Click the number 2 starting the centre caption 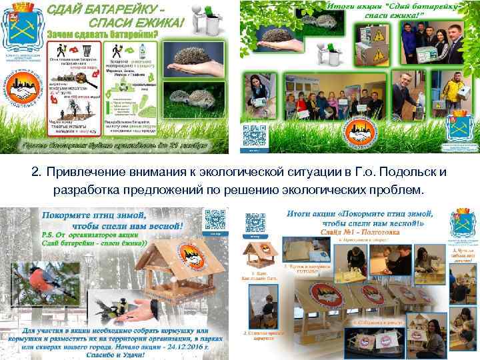pos(35,173)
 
